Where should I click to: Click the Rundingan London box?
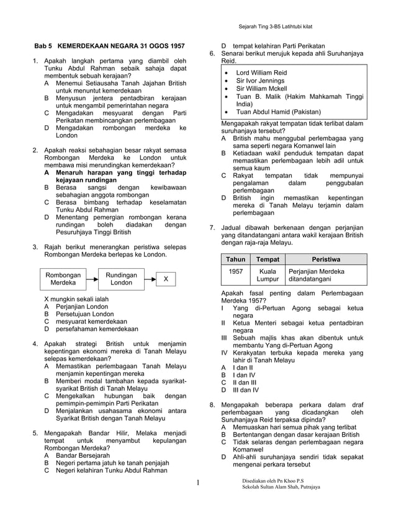coord(121,278)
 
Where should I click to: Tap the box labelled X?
coord(166,279)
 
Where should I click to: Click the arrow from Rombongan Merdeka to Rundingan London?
coord(92,279)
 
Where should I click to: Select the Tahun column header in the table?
coord(235,259)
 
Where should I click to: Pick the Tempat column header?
coord(268,259)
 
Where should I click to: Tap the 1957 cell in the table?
coord(235,271)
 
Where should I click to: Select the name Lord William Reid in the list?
coord(261,73)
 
